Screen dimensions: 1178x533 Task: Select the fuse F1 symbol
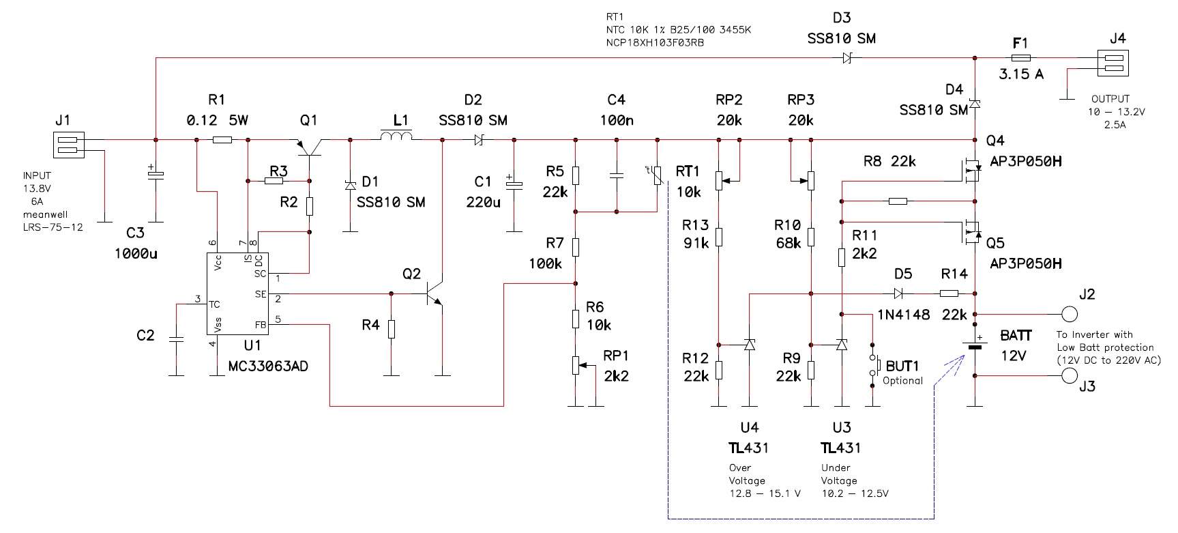point(1020,59)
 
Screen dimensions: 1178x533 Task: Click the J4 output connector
point(1113,63)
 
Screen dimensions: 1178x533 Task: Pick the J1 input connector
point(68,145)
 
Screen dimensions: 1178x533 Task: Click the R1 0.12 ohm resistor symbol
point(222,140)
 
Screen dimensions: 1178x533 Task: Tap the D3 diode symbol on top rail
point(846,59)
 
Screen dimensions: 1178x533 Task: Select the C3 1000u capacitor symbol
point(156,175)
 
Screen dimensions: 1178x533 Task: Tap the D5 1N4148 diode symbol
point(898,293)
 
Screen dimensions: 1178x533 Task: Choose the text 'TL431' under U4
point(749,448)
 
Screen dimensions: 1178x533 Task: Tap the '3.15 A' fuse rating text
point(1020,74)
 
